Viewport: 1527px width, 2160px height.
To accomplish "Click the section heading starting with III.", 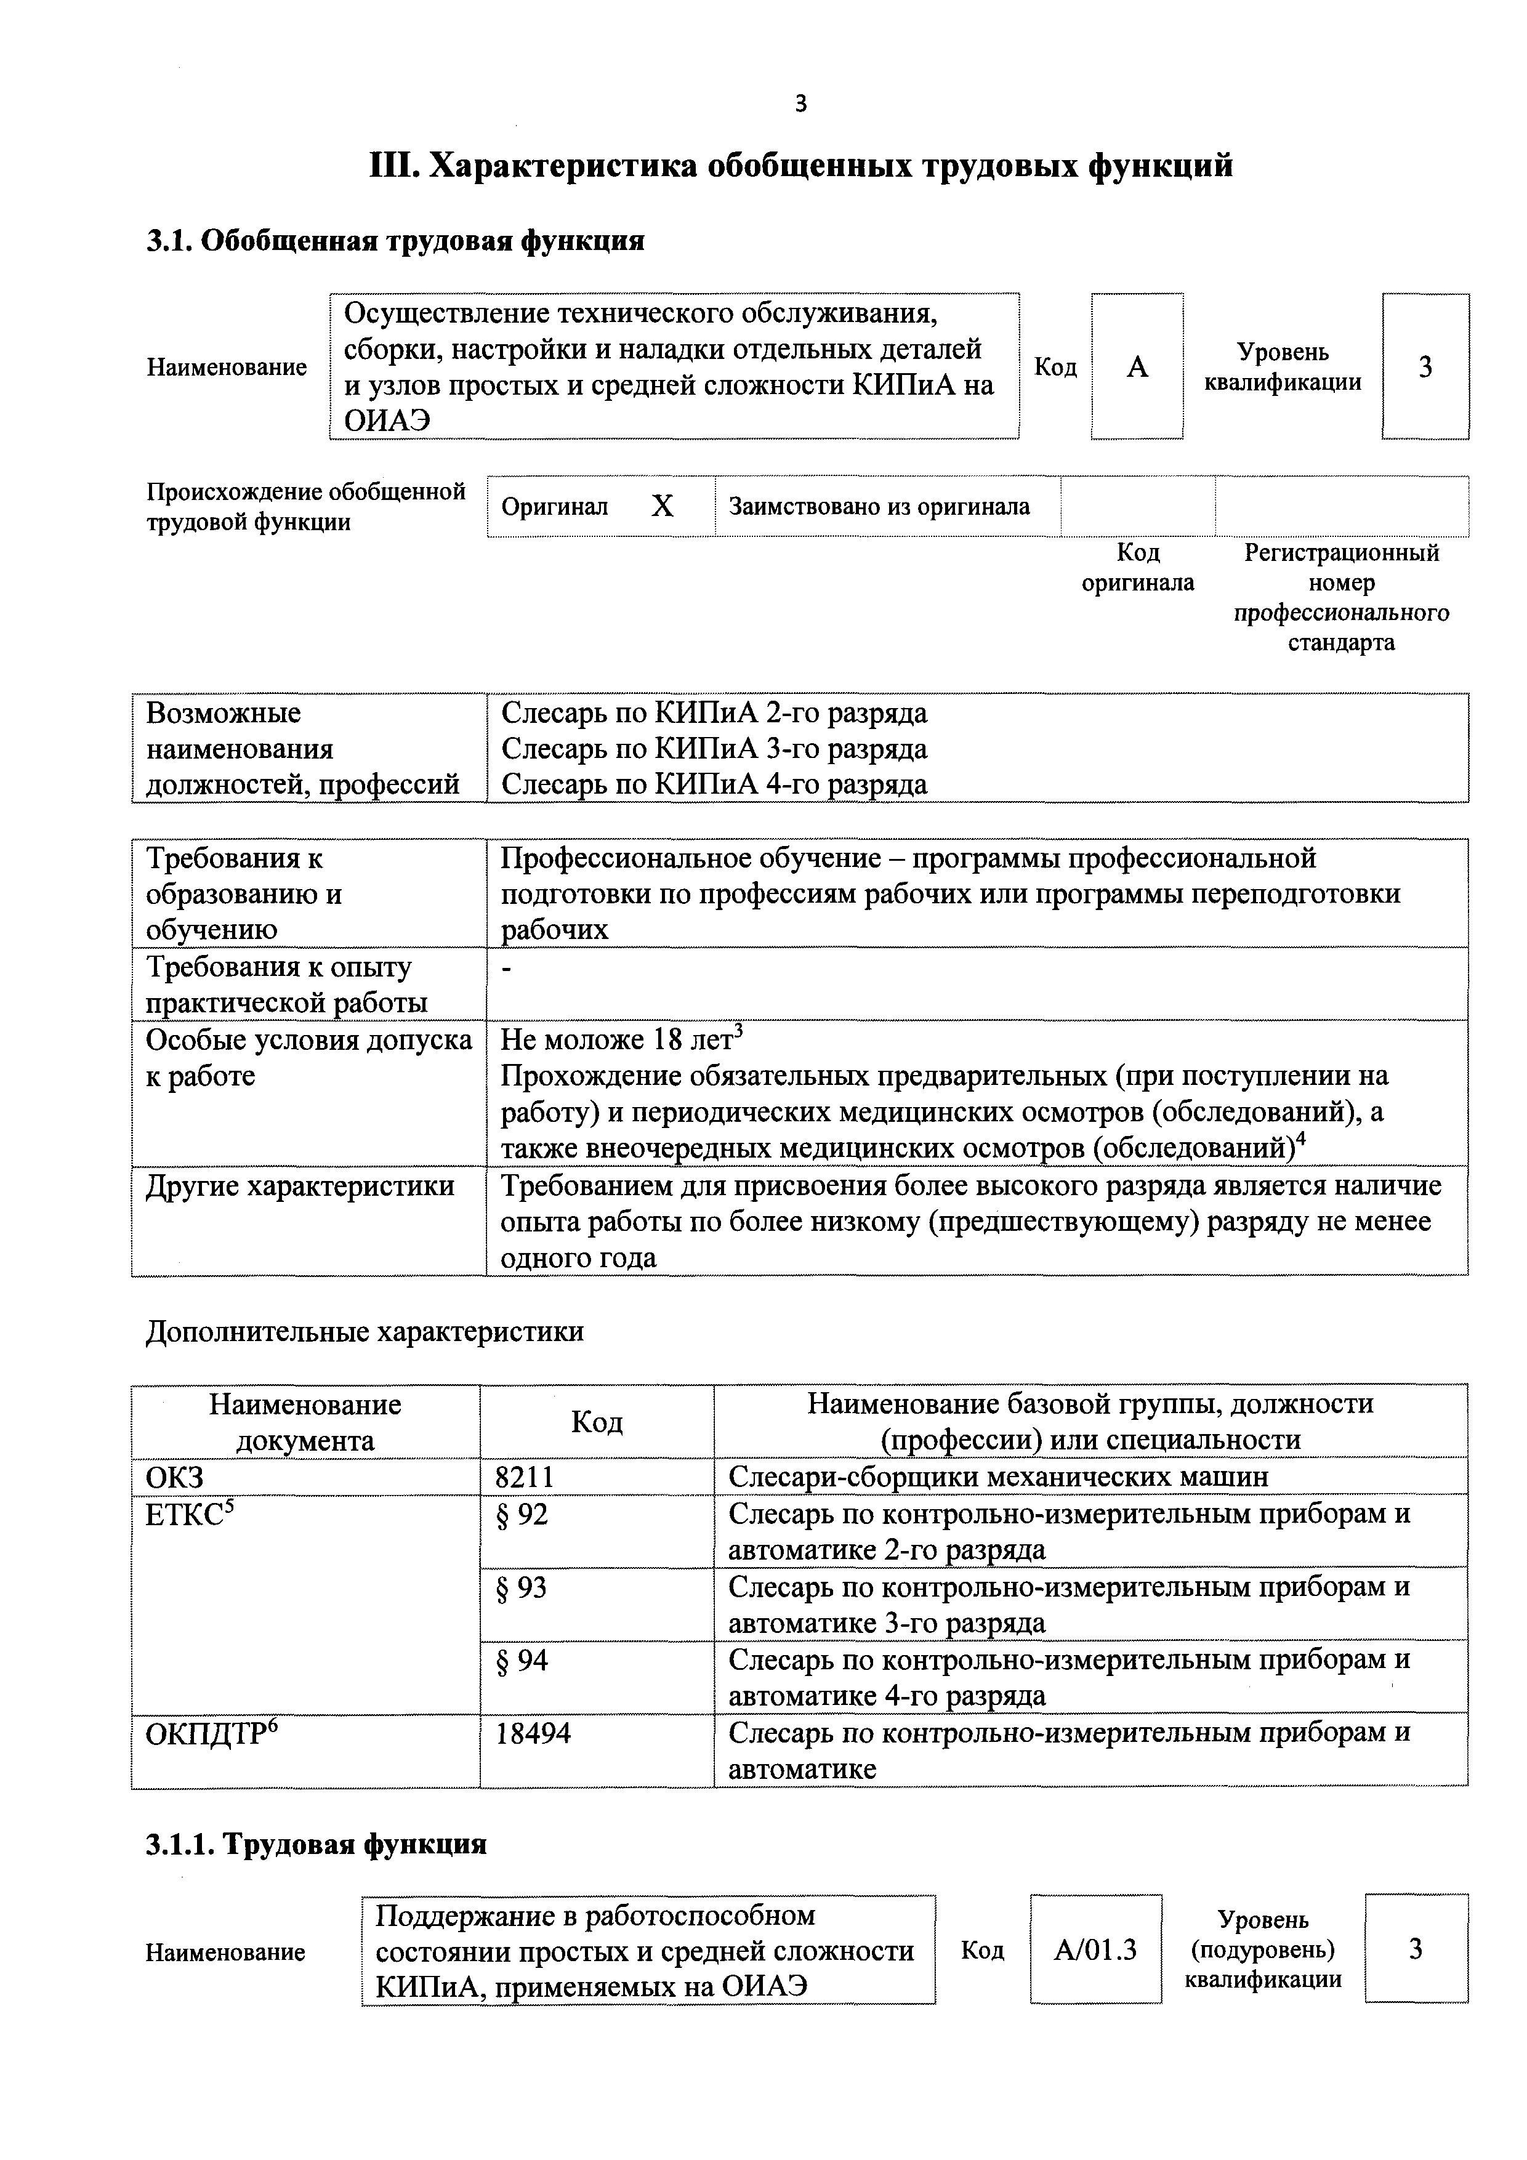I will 800,166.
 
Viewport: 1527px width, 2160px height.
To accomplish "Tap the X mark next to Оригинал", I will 663,507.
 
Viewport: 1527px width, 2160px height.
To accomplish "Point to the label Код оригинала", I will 1137,567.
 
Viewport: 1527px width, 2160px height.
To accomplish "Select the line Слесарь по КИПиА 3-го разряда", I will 714,749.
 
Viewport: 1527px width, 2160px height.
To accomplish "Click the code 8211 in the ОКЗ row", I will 525,1476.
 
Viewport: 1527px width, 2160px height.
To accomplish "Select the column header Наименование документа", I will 305,1422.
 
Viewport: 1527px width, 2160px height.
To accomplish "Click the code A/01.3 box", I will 1095,1950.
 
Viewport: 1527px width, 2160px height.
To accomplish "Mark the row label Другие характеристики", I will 299,1187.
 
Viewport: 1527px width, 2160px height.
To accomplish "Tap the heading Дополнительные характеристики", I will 365,1331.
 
